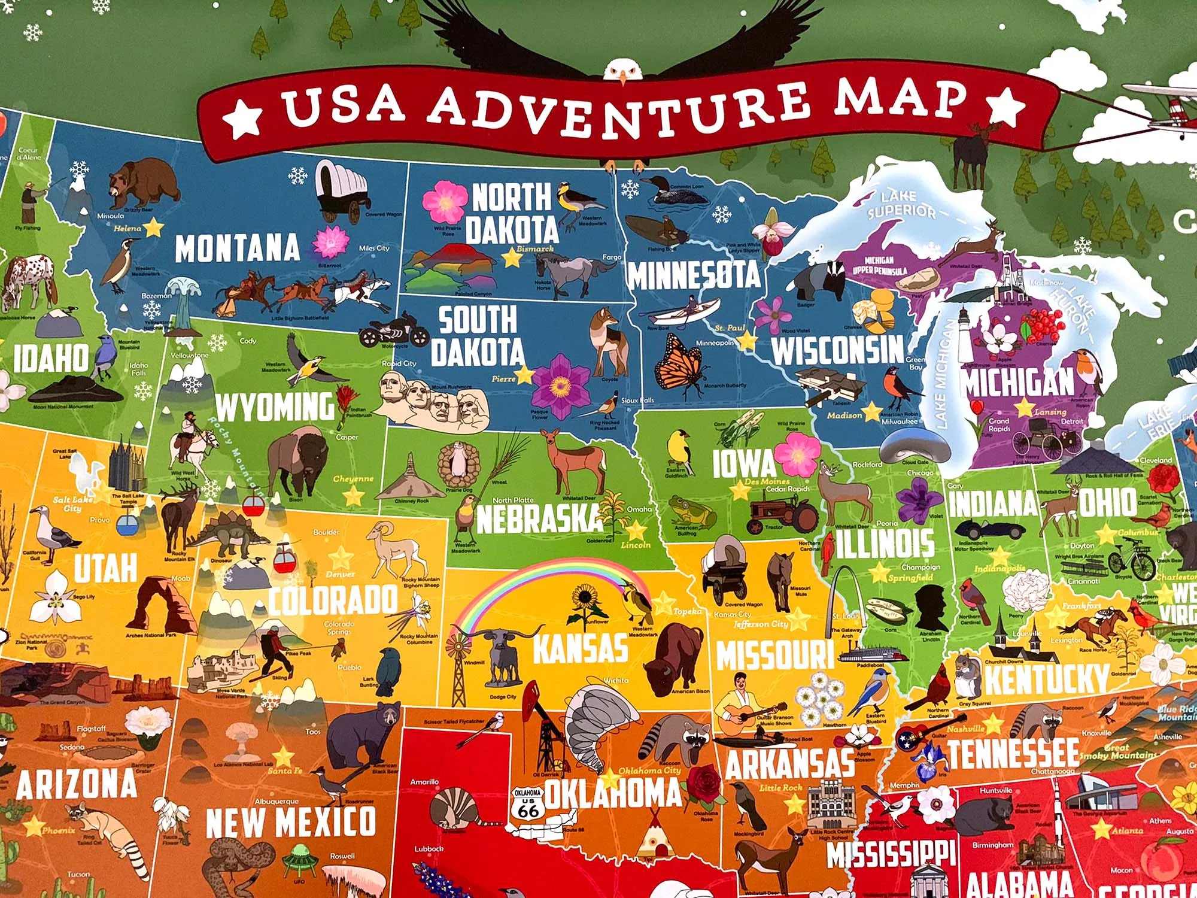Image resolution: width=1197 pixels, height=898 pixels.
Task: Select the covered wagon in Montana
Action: coord(342,190)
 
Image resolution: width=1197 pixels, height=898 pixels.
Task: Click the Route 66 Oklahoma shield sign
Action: coord(528,804)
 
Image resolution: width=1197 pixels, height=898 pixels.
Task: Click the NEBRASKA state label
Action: coord(539,518)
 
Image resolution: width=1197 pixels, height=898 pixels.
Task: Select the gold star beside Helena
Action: coord(153,227)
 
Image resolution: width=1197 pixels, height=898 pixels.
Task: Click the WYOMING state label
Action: coord(274,407)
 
